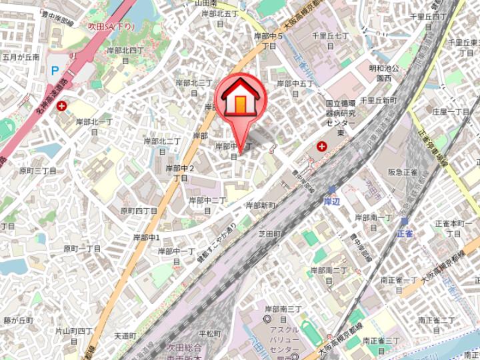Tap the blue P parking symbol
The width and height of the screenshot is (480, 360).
[x=55, y=70]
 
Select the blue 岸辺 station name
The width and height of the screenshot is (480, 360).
[x=332, y=201]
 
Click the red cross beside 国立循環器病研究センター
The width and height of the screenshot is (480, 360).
[x=322, y=146]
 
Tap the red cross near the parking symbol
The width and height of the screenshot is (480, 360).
[x=62, y=105]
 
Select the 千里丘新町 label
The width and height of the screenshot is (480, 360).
[x=378, y=100]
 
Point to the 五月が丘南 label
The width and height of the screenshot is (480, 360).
[x=21, y=57]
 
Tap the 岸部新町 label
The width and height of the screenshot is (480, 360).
[x=261, y=205]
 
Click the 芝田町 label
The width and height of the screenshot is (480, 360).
[x=270, y=235]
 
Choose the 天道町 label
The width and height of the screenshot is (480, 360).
[x=125, y=335]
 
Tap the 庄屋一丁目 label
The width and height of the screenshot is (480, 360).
[x=451, y=111]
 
